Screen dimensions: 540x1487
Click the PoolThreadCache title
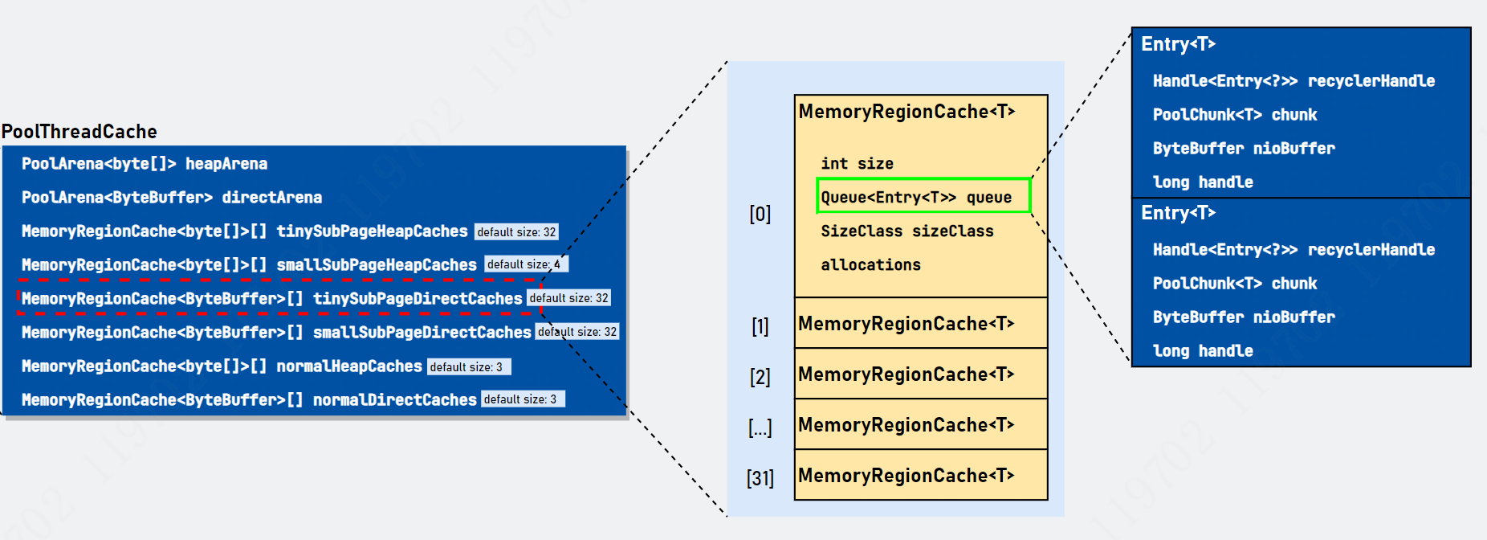79,132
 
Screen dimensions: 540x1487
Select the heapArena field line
145,164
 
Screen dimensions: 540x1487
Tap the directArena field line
172,198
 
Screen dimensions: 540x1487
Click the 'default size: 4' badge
526,264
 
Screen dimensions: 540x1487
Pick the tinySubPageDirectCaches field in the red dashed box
271,299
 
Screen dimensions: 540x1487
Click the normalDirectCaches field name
394,400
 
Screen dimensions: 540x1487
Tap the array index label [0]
760,214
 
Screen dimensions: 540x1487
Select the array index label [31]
760,478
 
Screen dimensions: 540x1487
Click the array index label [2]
760,377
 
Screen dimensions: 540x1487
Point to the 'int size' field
857,164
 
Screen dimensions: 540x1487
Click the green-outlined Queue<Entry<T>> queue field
923,197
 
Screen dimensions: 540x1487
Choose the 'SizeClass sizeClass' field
907,231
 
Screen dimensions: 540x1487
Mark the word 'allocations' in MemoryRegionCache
871,265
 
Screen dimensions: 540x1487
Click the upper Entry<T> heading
1179,45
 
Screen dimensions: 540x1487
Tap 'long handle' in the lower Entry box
1203,351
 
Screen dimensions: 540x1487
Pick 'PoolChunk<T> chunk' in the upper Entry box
1235,115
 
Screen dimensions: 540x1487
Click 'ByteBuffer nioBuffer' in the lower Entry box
1244,317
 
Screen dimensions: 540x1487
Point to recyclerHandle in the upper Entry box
1371,81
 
